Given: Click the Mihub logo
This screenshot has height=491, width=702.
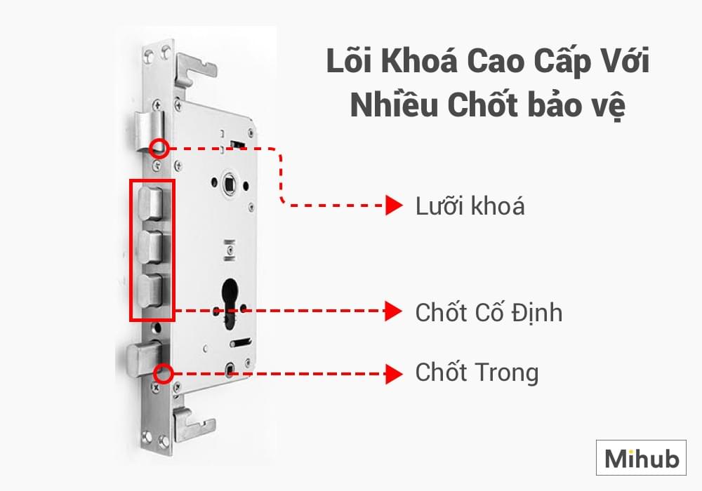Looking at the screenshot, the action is click(x=641, y=457).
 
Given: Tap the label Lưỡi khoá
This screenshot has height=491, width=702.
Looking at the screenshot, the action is click(x=470, y=206).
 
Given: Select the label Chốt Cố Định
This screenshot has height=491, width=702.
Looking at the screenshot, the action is click(x=489, y=312).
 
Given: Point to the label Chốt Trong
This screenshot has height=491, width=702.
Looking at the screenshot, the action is click(x=477, y=373).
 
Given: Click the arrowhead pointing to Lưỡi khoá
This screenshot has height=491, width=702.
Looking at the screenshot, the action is click(x=394, y=206).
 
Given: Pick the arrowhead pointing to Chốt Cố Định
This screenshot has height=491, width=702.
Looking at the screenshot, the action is click(x=394, y=311).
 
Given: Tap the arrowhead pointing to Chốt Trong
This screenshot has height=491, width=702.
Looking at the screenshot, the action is click(x=394, y=374).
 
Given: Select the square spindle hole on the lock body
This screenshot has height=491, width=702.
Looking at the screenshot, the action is click(x=230, y=183).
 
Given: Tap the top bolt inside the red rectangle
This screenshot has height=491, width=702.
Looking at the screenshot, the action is click(x=150, y=204).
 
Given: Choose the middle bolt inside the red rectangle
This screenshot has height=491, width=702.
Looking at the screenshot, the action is click(x=150, y=247).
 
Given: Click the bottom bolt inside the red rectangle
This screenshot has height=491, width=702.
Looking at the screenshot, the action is click(x=150, y=290).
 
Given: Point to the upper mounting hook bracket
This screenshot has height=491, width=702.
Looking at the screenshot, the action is click(x=194, y=72).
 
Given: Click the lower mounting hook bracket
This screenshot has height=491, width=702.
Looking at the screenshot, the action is click(x=193, y=423).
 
